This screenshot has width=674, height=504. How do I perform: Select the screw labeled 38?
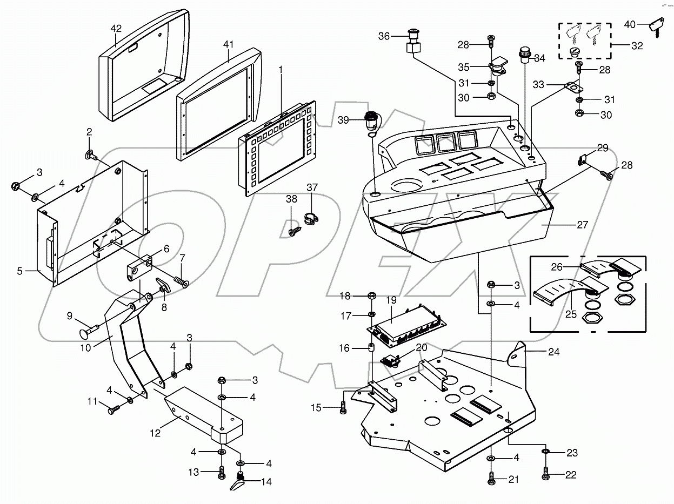point(293,232)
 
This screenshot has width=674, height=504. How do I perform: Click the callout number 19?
point(391,300)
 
